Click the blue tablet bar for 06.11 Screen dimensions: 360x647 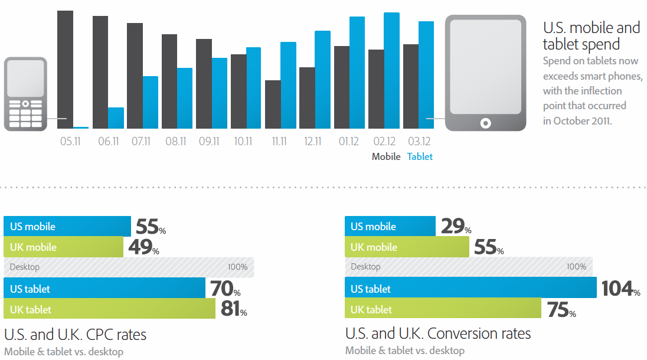(116, 118)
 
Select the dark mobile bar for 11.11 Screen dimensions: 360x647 (273, 104)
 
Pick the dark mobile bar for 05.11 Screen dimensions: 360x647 (65, 69)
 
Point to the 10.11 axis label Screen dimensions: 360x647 (243, 142)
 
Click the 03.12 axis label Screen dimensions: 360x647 (419, 142)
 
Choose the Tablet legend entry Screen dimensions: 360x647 (420, 156)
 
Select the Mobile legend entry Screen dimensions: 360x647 (386, 156)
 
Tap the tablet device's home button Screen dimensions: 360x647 (485, 123)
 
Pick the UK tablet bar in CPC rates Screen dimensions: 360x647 (110, 309)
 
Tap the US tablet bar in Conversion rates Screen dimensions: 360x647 (471, 289)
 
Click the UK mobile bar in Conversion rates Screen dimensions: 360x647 (407, 247)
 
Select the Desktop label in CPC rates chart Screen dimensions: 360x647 (25, 267)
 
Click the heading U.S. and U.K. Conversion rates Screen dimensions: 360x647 (438, 333)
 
